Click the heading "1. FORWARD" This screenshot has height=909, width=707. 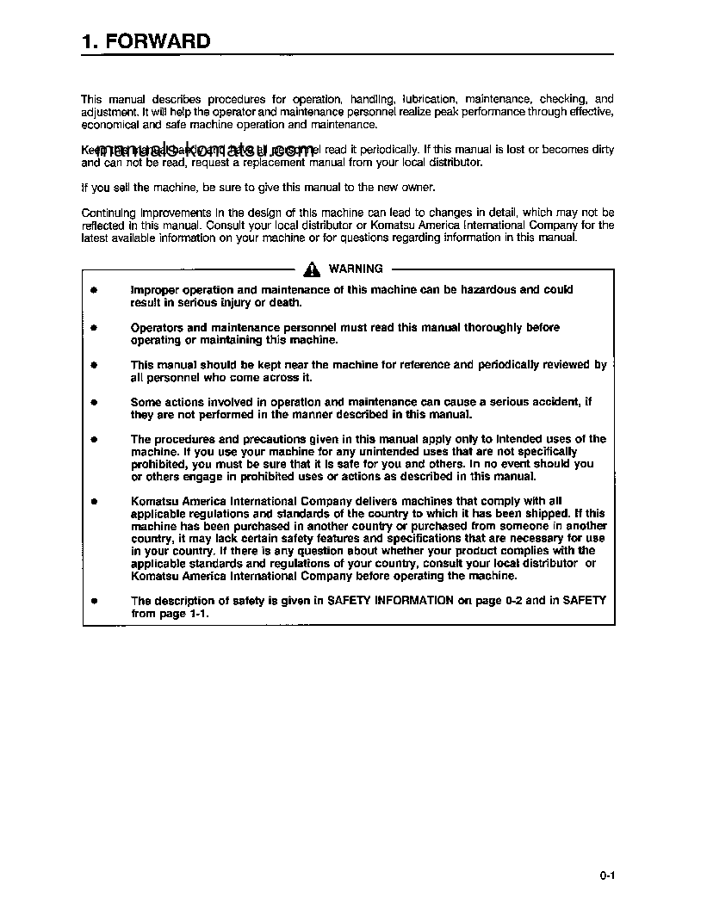point(146,41)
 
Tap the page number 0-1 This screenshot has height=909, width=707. point(606,876)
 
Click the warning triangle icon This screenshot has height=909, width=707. point(312,269)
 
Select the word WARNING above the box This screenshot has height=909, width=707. point(356,269)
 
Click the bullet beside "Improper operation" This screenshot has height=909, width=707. point(94,291)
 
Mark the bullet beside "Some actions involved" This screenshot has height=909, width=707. point(94,402)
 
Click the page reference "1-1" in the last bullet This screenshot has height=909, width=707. point(198,614)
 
